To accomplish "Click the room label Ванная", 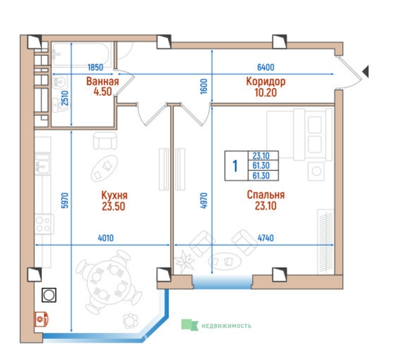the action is coord(103,81).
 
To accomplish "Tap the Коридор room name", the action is coord(266,81).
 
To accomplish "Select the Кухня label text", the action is coord(114,195).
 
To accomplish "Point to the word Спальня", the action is coord(266,195).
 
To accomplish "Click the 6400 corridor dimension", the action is coord(266,67).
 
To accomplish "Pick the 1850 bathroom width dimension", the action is coord(95,67).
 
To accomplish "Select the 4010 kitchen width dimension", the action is coord(106,238).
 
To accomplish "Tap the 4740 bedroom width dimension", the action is coord(266,238).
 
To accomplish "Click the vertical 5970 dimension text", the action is coord(65,201).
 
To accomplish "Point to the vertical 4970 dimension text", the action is coord(203,201).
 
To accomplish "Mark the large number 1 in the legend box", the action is coord(235,166).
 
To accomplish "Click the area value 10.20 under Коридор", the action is coord(266,93).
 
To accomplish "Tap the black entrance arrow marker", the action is coord(365,71).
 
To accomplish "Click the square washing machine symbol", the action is coord(49,295).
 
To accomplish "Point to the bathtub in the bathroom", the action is coord(81,55).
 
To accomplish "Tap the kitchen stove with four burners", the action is coord(44,224).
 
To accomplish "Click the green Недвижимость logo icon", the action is coord(189,325).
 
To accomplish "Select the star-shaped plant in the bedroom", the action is coord(185,261).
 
